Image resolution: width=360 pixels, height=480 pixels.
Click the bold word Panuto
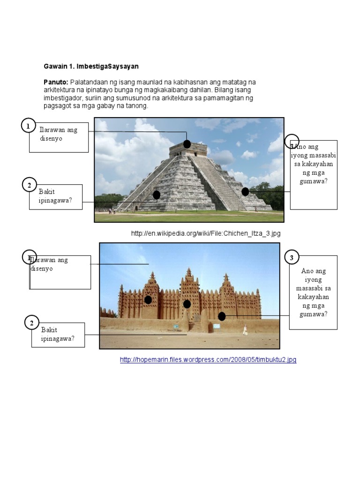coord(56,82)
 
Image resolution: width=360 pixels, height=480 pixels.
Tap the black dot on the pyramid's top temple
coord(187,144)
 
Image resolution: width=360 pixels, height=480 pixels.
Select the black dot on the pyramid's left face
coord(157,195)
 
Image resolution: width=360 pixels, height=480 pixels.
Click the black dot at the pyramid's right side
coord(245,191)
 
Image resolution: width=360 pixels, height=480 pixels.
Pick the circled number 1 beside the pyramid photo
coord(29,126)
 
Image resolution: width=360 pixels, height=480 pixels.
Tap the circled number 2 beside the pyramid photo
coord(29,185)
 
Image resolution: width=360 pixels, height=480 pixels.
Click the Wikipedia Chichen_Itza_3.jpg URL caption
coord(205,233)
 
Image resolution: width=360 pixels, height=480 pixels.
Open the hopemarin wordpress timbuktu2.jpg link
coord(208,360)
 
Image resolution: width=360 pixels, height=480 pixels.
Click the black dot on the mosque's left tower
coord(148,300)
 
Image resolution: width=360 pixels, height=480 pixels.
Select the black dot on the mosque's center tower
coord(187,304)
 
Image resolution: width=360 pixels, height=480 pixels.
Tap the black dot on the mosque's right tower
coord(222,316)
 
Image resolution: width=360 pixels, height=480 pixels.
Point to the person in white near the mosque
coord(245,330)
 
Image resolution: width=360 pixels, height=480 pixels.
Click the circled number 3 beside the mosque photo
coord(292,257)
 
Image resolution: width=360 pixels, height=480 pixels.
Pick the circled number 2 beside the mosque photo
coord(31,323)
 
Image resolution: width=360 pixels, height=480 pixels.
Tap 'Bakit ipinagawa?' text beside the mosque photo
coord(58,334)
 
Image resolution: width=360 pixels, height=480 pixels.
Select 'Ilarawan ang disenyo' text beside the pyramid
coord(58,134)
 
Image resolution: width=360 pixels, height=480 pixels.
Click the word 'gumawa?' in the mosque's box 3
coord(313,314)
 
